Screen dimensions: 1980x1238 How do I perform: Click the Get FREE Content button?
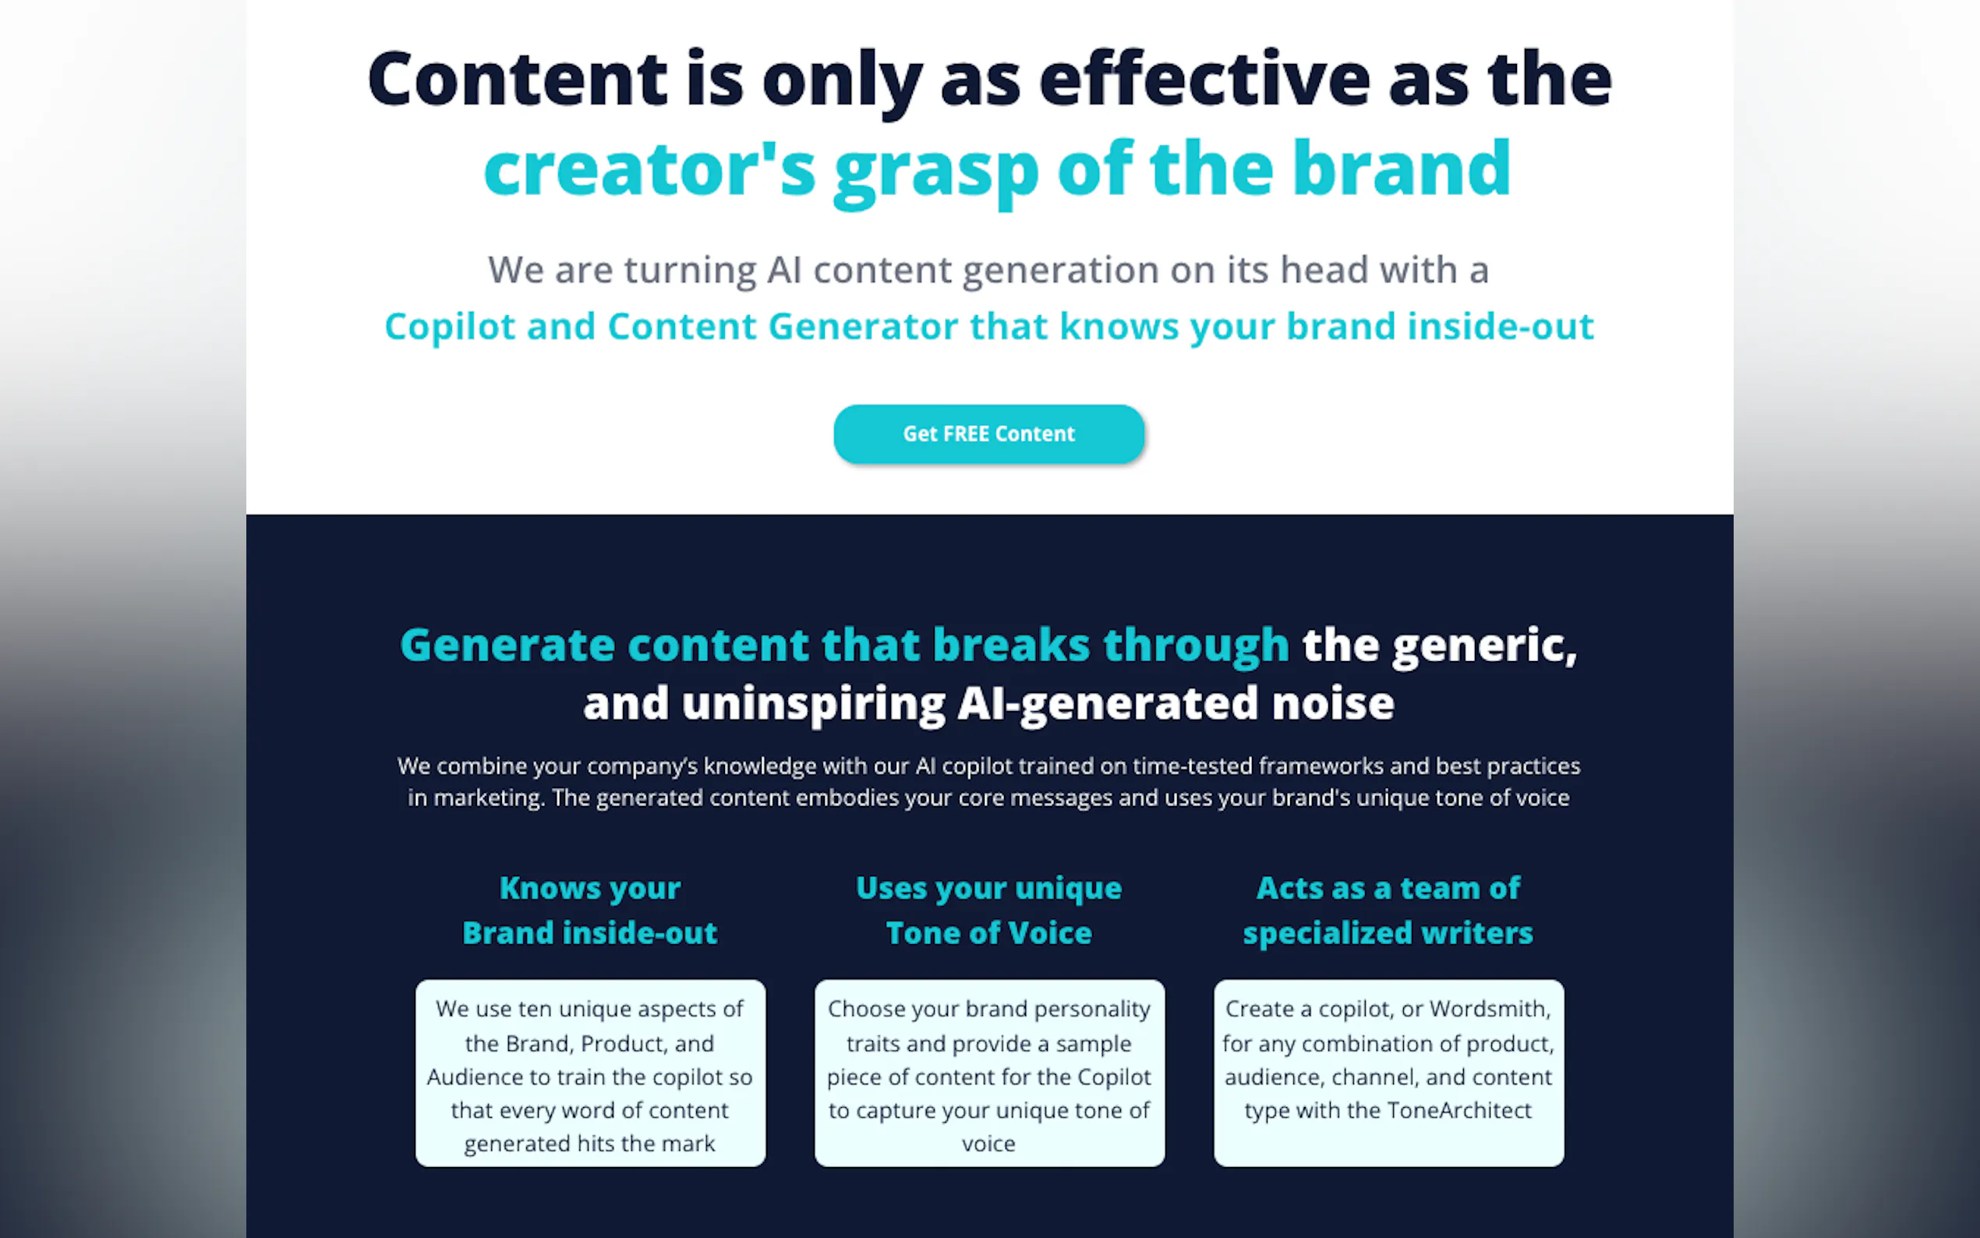click(988, 434)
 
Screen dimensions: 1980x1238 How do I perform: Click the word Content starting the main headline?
click(518, 80)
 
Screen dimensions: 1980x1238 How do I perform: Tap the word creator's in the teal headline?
click(650, 168)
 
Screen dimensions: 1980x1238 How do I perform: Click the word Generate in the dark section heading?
click(507, 646)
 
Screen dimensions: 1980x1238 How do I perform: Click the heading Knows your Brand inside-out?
click(589, 911)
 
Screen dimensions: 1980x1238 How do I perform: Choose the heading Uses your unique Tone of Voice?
click(988, 911)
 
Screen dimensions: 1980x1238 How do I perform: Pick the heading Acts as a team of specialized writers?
click(1388, 911)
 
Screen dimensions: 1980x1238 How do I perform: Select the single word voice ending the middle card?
click(988, 1144)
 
